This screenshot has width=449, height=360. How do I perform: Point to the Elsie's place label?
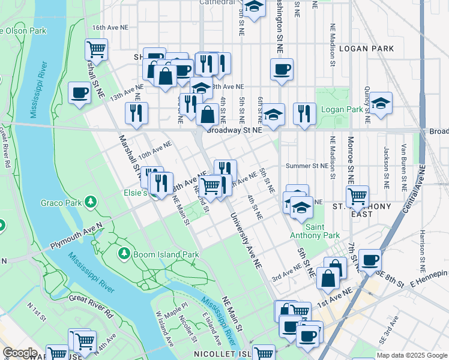click(135, 193)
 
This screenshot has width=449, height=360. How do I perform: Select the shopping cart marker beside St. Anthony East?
click(357, 195)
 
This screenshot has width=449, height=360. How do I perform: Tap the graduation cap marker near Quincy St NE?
click(381, 103)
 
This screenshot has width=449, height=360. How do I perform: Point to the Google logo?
click(20, 353)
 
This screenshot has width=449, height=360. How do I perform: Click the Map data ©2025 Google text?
click(412, 355)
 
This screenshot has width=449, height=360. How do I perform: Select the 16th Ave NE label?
click(110, 28)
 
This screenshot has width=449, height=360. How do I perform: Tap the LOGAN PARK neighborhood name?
click(366, 48)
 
